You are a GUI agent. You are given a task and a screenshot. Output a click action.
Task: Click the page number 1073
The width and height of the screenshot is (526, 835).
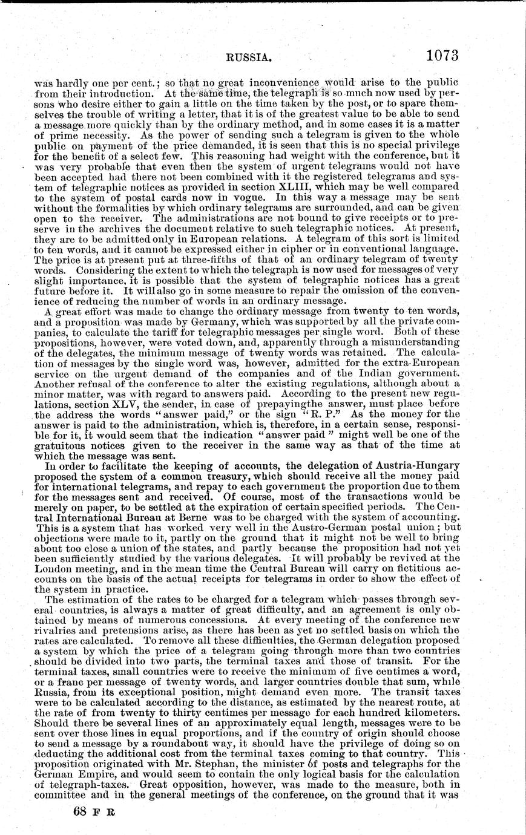pos(442,56)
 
